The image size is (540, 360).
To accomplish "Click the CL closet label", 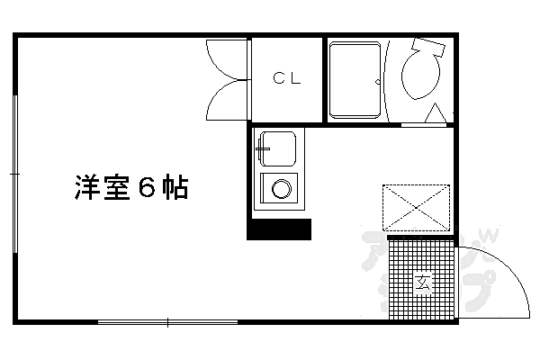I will (x=286, y=78).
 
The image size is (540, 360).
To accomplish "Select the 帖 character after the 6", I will (x=176, y=190).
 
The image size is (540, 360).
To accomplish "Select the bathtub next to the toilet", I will (x=355, y=79).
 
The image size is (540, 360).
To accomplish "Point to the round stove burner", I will (x=282, y=190).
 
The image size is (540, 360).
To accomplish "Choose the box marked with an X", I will (x=416, y=208).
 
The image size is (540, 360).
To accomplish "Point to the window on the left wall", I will (x=15, y=171).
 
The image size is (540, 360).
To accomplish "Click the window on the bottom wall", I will (x=166, y=322).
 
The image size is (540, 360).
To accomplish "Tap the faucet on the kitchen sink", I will (x=262, y=144).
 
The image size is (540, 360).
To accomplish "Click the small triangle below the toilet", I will (x=435, y=114).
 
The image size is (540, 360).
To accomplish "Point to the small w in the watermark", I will (x=492, y=237).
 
